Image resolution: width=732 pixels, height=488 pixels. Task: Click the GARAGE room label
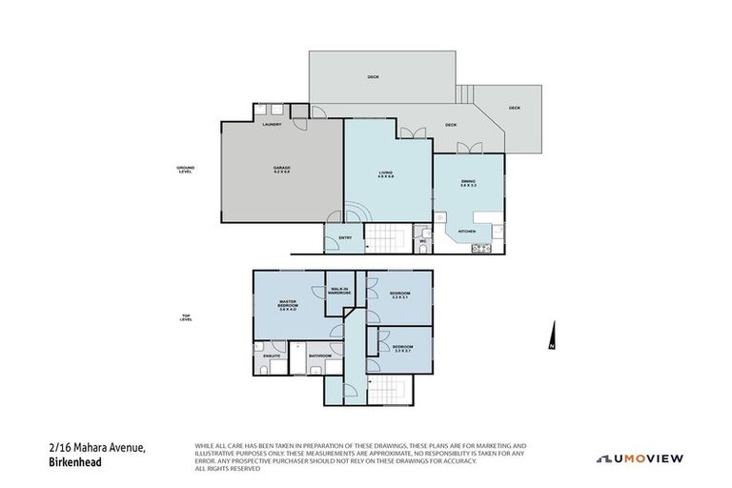point(281,170)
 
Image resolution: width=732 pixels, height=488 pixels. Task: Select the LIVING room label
point(386,173)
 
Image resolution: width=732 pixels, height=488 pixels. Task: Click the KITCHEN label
point(467,232)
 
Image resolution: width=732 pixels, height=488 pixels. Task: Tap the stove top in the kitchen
point(481,249)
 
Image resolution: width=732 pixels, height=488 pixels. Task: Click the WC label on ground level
point(422,242)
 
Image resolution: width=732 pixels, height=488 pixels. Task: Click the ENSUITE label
point(272,356)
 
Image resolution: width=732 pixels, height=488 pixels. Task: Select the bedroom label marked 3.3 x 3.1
point(400,295)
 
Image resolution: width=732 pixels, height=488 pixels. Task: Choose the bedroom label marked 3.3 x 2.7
point(403,349)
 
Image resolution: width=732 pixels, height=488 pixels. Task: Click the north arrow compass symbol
point(551,336)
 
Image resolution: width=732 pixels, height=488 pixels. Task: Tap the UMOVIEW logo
point(640,458)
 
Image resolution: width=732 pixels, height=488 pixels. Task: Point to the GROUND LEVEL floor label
point(185,170)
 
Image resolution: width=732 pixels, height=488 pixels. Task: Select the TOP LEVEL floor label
point(187,318)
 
